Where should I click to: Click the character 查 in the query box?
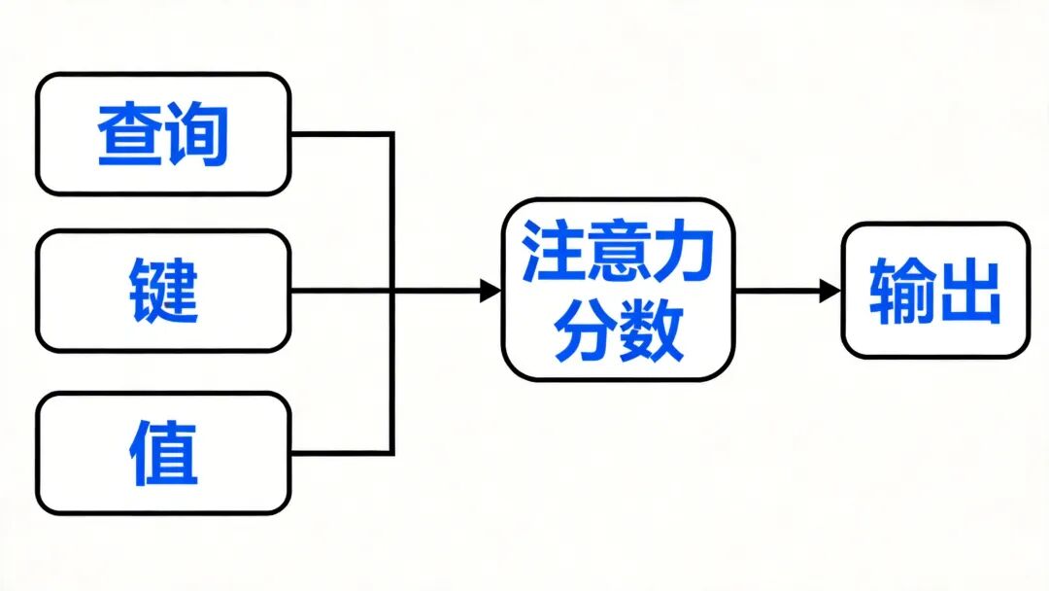(130, 134)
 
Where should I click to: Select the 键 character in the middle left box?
(163, 291)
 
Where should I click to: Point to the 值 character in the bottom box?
(163, 453)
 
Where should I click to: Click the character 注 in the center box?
(555, 250)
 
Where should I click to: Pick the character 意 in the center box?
(619, 250)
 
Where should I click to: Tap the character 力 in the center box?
(683, 250)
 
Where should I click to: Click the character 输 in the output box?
(901, 291)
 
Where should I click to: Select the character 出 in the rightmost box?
(967, 291)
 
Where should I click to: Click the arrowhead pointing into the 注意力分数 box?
(491, 290)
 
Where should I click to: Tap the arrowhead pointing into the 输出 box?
(829, 290)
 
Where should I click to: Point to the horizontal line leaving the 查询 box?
(340, 134)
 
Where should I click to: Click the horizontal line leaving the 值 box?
(340, 452)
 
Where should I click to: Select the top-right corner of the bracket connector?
(391, 134)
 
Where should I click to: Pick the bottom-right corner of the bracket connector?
(391, 452)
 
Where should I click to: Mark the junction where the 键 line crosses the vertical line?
(391, 290)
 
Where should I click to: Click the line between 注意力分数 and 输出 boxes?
(777, 290)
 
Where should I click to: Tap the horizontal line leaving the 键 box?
(340, 290)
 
